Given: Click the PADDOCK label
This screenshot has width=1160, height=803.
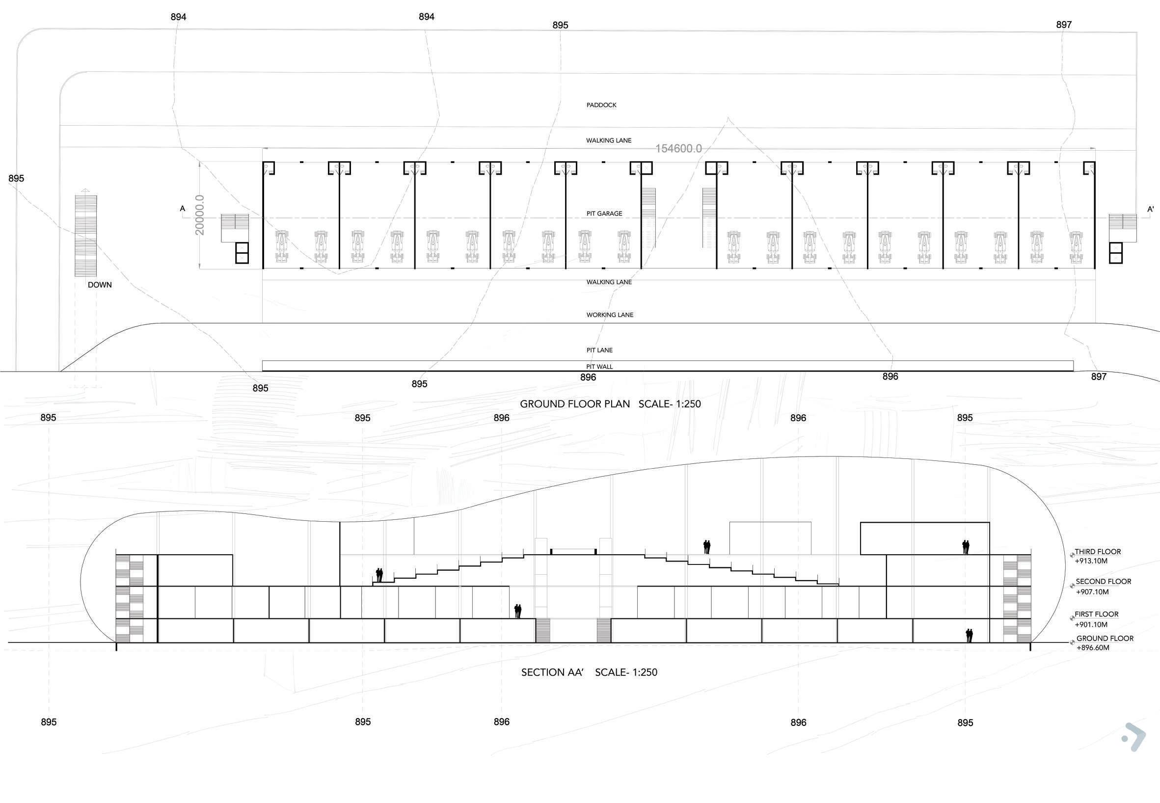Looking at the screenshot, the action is point(601,105).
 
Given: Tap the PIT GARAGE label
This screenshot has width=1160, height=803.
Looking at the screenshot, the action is point(604,214).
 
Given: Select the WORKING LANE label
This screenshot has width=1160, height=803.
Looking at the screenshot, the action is point(609,315).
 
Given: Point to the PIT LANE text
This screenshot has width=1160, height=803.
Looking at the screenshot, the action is point(599,350).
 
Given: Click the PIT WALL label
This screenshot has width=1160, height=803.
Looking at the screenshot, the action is point(599,367).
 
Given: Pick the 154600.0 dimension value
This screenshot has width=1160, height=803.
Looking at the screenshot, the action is point(678,149).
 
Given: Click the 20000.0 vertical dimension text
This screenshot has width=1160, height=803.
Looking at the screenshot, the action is point(200,215).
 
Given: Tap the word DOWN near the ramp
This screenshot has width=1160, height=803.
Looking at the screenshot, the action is point(100,285).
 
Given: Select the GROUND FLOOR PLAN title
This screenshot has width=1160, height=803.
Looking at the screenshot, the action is point(574,404).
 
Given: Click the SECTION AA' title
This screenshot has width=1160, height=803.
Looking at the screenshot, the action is point(552,673).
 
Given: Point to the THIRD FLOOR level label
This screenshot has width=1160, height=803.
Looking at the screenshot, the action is point(1098,552).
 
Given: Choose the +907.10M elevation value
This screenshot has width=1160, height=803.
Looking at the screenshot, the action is point(1092,591).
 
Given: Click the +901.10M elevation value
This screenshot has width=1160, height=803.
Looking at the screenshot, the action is point(1091,624).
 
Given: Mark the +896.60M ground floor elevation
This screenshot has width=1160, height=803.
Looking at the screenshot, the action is point(1093,647).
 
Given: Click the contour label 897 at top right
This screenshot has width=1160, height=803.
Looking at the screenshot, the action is point(1063,25).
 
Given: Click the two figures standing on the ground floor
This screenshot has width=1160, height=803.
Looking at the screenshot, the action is point(969,636).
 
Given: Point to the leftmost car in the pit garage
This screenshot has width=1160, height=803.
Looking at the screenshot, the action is point(282,246).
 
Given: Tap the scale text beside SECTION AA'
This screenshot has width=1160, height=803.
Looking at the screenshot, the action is point(626,673).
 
